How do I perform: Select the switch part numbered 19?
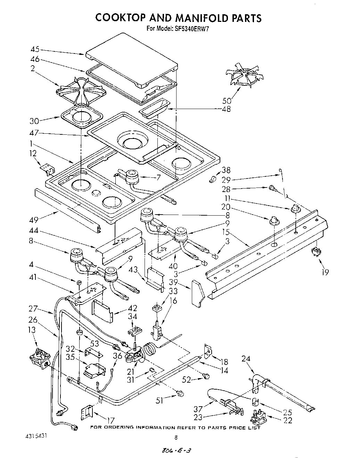(316, 252)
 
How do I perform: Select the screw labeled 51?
(180, 393)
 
